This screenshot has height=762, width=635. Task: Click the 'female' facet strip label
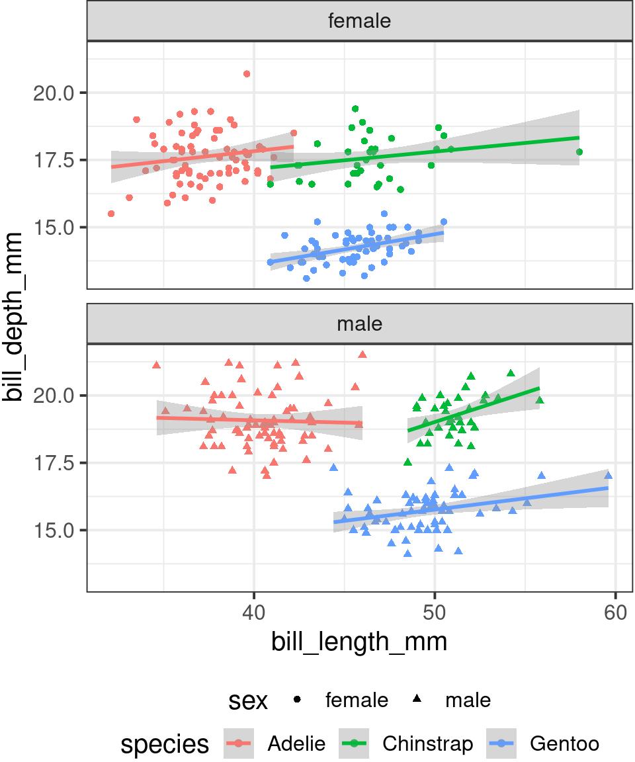[359, 21]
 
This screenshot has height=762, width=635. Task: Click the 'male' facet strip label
[359, 324]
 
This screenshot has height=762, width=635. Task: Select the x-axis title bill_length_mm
[359, 642]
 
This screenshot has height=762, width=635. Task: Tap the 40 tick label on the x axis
[254, 612]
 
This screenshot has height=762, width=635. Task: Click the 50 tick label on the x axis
[435, 612]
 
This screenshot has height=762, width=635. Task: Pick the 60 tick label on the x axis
[615, 612]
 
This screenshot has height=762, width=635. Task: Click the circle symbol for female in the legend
[298, 700]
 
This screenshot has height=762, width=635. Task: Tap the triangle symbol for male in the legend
[417, 700]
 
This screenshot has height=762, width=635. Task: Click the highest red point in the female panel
[247, 74]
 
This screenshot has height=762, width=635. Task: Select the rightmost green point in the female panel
[579, 152]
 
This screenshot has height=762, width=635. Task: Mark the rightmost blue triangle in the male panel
[609, 475]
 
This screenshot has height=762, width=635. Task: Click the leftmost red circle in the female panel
[111, 214]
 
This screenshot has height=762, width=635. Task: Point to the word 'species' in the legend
[165, 744]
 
